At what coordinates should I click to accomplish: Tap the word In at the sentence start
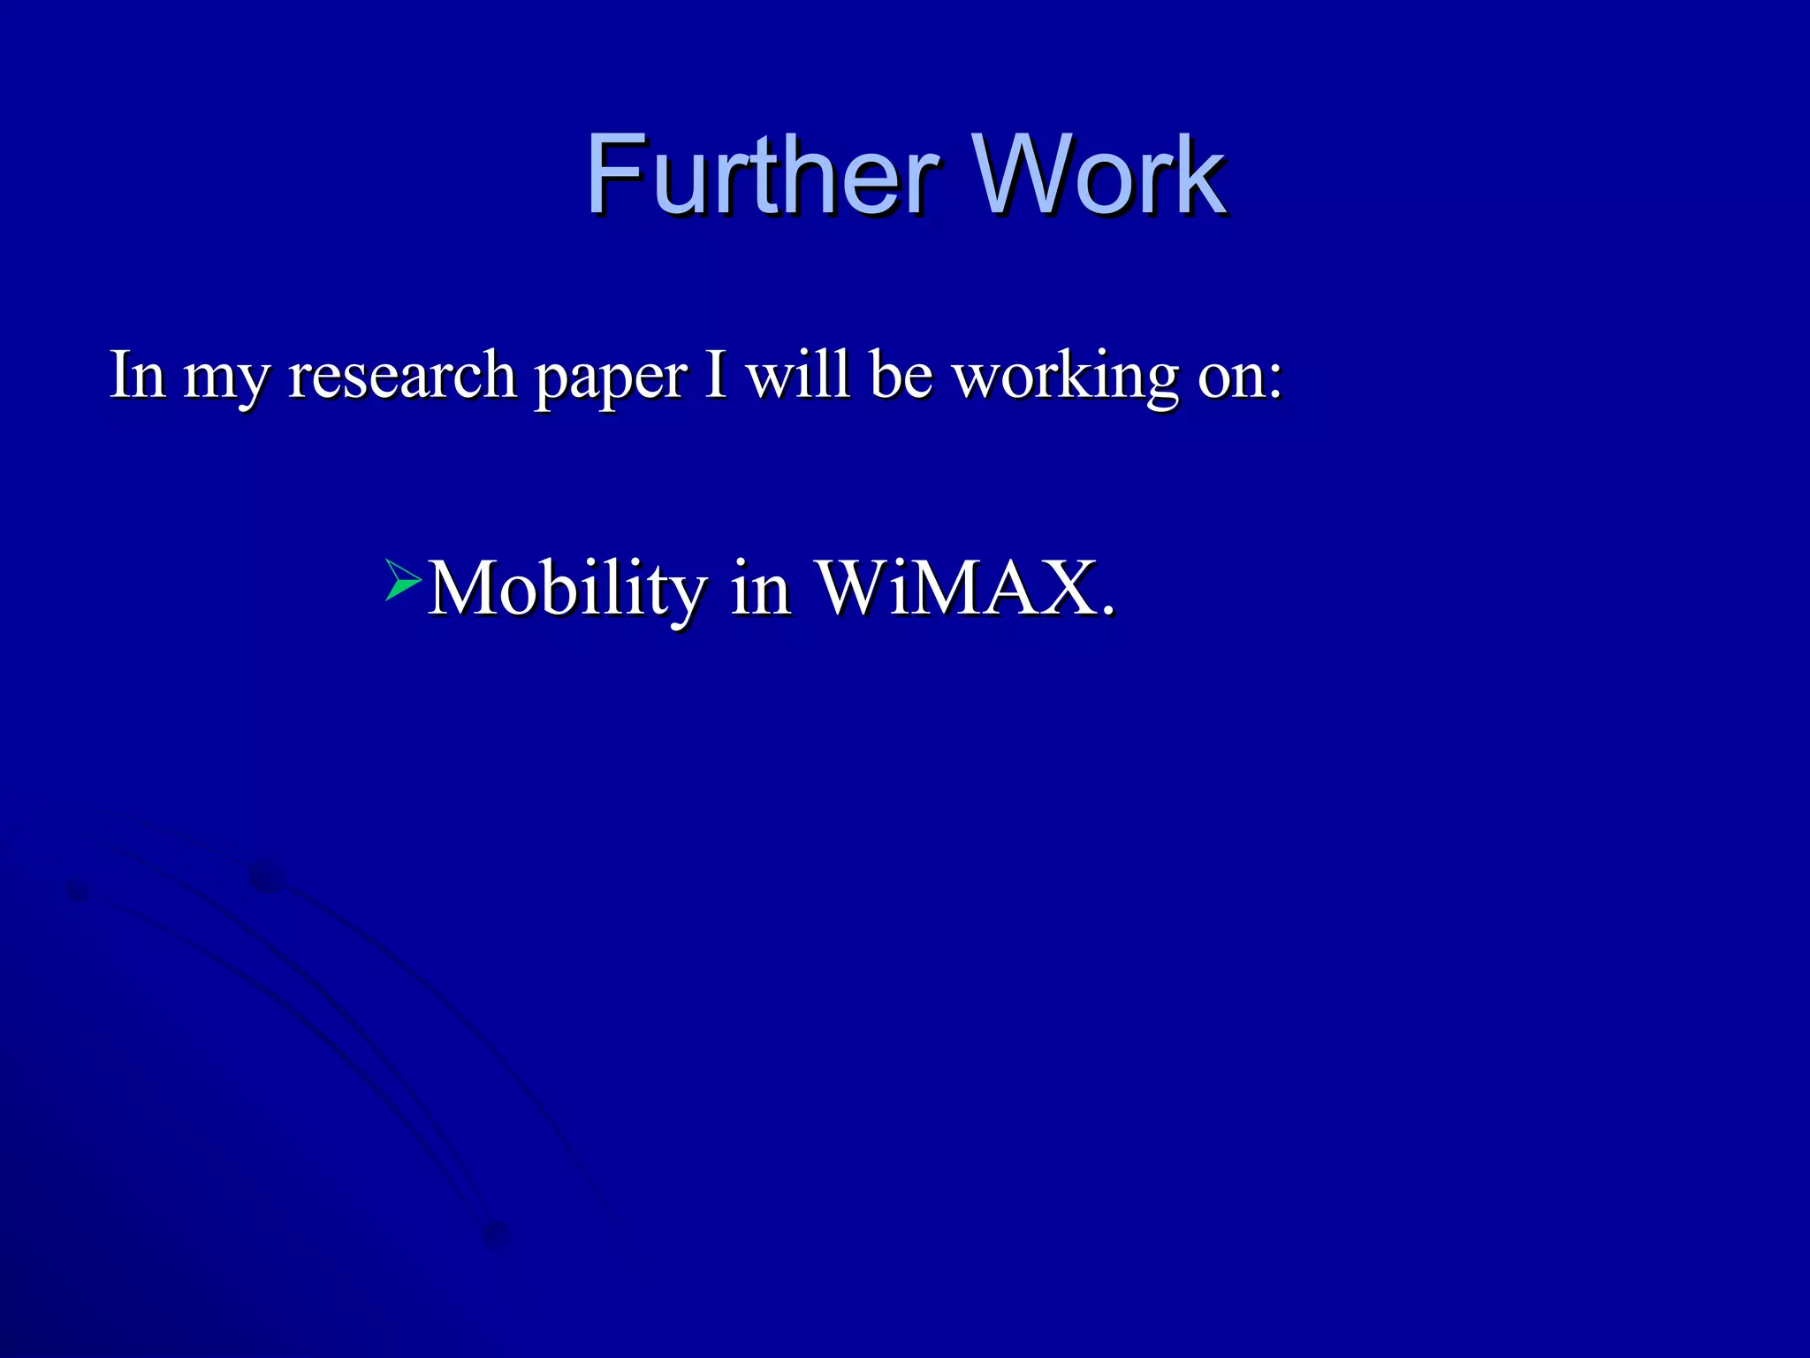tap(137, 375)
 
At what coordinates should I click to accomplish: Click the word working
tap(1066, 378)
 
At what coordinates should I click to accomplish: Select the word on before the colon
tap(1229, 378)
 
